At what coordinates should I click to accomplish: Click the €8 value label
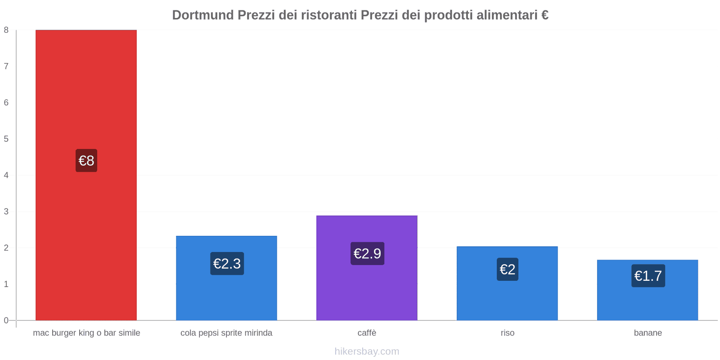coord(86,161)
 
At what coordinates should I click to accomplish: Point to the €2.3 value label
coord(227,264)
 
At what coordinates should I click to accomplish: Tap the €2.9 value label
coord(367,254)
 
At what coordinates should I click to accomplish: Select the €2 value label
coord(508,270)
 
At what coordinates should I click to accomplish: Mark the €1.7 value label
coord(648,276)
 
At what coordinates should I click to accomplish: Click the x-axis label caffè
coord(367,333)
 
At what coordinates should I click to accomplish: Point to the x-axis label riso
coord(507,333)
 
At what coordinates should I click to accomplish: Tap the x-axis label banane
coord(648,333)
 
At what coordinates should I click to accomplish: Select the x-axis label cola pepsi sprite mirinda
coord(226,333)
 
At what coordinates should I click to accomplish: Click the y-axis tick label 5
coord(6,139)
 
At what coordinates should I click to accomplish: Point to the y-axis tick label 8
coord(6,30)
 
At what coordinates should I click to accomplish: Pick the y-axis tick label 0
coord(6,320)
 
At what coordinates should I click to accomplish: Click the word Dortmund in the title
coord(203,15)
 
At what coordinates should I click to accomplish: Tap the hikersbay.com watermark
coord(367,351)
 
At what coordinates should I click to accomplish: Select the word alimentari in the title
coord(507,15)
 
